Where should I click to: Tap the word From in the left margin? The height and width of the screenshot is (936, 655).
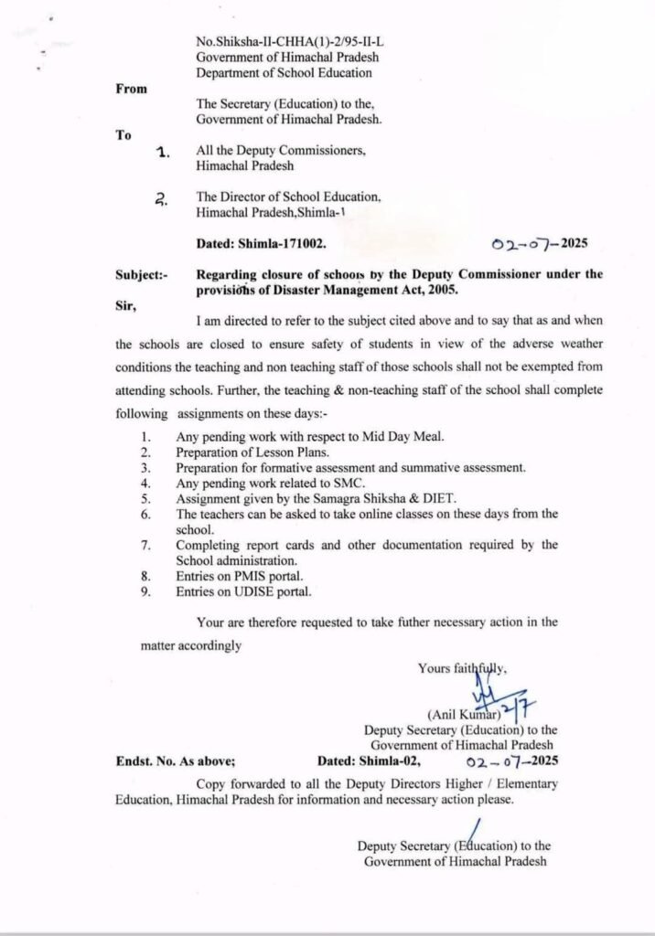pyautogui.click(x=131, y=89)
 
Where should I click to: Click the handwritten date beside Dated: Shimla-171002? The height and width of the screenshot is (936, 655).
pyautogui.click(x=539, y=244)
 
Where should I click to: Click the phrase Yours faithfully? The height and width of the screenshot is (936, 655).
pyautogui.click(x=462, y=668)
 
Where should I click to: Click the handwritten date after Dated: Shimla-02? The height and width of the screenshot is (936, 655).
pyautogui.click(x=511, y=760)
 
